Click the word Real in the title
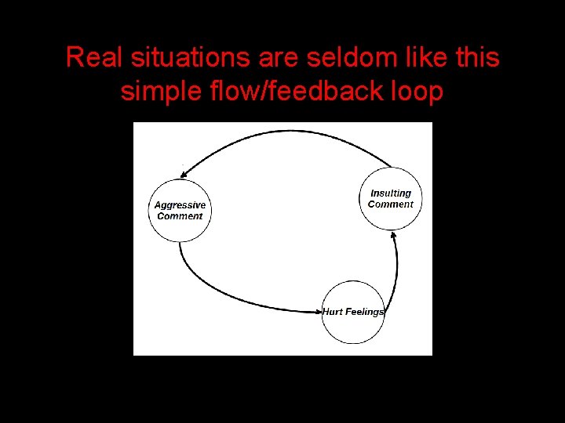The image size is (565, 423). pyautogui.click(x=92, y=57)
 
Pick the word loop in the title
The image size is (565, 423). pyautogui.click(x=414, y=92)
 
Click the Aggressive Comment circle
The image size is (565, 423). pyautogui.click(x=180, y=211)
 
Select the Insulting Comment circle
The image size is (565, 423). pyautogui.click(x=390, y=199)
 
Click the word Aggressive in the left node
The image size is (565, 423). pyautogui.click(x=180, y=205)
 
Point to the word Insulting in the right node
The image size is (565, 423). pyautogui.click(x=391, y=193)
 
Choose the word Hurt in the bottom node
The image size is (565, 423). pyautogui.click(x=333, y=312)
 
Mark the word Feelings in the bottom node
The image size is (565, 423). pyautogui.click(x=364, y=312)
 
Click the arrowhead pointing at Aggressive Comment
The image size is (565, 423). pyautogui.click(x=185, y=174)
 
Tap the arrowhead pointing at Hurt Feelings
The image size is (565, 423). pyautogui.click(x=317, y=312)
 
